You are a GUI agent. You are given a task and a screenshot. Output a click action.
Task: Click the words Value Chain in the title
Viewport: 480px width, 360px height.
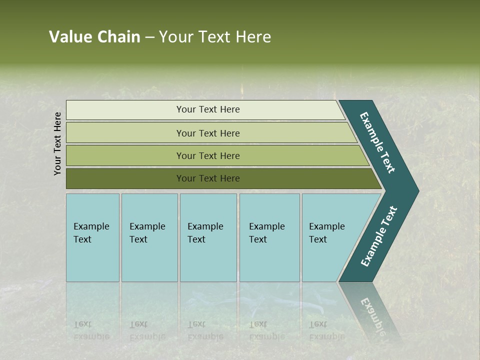tap(94, 37)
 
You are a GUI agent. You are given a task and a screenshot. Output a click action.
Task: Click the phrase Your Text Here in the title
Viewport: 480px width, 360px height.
tap(215, 37)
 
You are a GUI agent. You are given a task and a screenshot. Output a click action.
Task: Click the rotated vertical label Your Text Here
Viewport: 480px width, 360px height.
tap(57, 143)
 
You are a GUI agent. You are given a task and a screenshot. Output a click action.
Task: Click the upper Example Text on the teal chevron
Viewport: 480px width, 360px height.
tap(378, 143)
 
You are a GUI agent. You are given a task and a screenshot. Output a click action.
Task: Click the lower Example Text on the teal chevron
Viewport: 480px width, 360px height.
tap(379, 236)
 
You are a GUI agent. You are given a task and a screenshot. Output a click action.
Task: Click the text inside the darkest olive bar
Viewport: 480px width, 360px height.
tap(208, 178)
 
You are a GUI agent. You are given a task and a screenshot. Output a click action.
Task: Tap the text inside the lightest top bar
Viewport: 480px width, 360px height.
tap(208, 109)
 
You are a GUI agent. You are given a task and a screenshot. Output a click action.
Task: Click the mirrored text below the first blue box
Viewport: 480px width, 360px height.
tap(91, 330)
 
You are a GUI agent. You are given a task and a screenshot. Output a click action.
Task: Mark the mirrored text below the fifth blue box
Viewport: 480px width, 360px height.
tap(326, 330)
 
